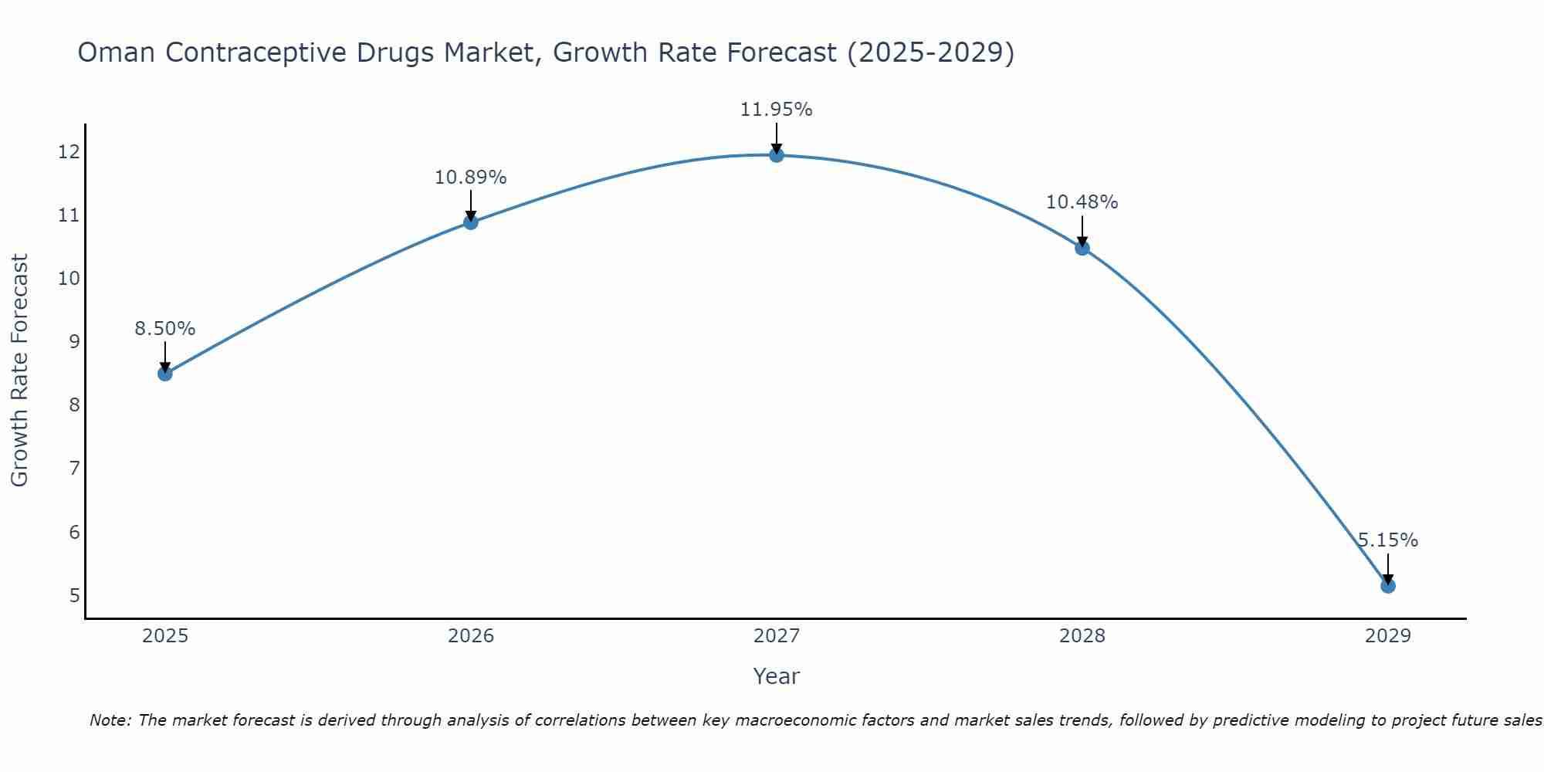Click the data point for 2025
coord(164,374)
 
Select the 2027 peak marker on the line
coord(777,155)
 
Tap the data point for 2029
coord(1388,586)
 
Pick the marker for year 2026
coord(471,222)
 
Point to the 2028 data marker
coord(1082,248)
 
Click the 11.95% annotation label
coord(777,110)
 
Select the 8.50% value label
coord(165,329)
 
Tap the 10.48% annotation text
coord(1082,202)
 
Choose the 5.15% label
coord(1388,540)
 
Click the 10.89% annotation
coord(471,178)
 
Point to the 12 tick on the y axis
coord(69,152)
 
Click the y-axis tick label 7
coord(75,469)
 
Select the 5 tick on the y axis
coord(75,595)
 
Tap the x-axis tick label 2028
coord(1082,636)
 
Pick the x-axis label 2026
coord(471,636)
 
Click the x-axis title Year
coord(777,676)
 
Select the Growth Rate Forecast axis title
coord(20,371)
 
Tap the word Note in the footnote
coord(110,720)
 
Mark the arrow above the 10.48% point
coord(1082,232)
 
